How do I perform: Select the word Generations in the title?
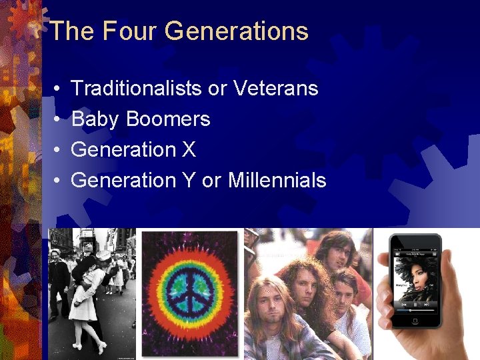[236, 31]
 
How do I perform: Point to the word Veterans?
[277, 88]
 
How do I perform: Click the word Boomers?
[168, 119]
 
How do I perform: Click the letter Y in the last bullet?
[188, 180]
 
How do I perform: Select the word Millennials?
[277, 180]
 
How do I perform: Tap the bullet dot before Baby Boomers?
[59, 120]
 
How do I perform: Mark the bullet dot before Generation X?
[59, 150]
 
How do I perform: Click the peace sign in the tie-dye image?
[190, 293]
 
